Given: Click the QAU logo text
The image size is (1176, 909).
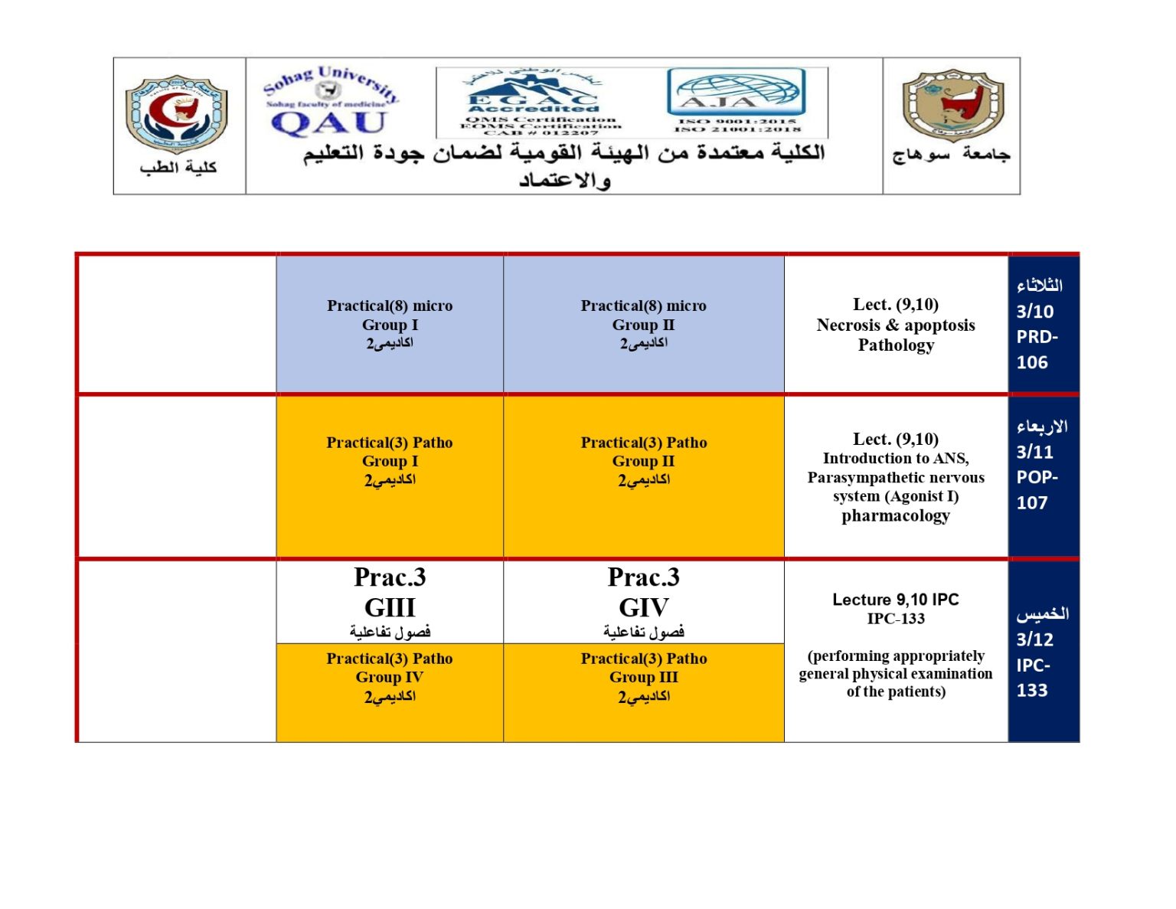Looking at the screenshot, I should [328, 123].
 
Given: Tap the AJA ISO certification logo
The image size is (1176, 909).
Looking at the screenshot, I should [736, 100].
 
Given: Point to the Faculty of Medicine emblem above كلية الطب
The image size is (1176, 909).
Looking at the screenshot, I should [177, 113].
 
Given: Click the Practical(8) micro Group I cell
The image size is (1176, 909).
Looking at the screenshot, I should [390, 324].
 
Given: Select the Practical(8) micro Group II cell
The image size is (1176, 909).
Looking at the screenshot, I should [643, 324].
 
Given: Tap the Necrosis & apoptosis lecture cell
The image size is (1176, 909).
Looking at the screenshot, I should [896, 324].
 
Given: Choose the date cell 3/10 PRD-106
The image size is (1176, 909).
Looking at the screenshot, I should [1043, 324].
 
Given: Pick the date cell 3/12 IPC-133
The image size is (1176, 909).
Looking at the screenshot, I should [1043, 651].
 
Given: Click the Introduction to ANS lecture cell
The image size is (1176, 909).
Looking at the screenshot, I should [896, 476].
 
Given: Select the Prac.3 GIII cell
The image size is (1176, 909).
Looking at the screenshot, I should [390, 602].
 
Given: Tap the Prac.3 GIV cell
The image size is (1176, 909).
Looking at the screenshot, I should [643, 602].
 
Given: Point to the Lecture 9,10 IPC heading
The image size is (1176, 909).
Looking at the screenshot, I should [896, 600].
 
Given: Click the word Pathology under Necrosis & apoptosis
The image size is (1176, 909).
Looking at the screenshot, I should [896, 345].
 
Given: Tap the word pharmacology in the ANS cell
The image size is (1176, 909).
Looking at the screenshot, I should [896, 516].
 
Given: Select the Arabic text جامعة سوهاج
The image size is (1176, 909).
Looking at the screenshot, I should [951, 155].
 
